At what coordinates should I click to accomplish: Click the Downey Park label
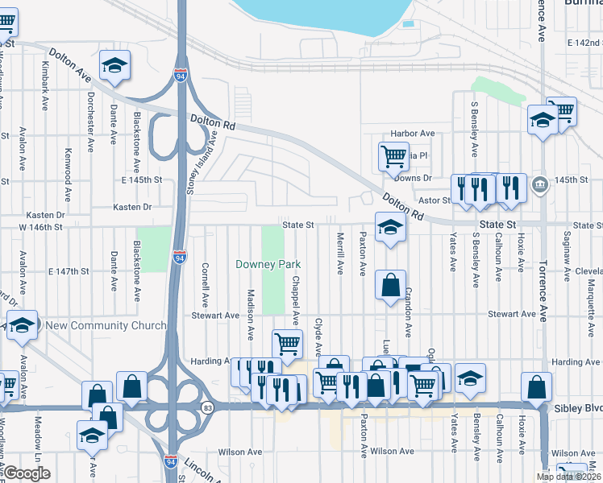click(268, 264)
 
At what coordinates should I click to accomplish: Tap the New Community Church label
click(106, 325)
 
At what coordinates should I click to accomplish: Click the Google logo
click(27, 473)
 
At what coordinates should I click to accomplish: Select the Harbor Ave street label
click(412, 133)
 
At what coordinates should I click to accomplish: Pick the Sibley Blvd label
click(578, 408)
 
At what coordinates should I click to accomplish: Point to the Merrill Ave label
click(340, 254)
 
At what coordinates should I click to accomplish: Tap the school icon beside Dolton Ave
click(114, 66)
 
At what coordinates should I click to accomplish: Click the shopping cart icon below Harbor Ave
click(393, 156)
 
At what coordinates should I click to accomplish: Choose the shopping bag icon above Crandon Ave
click(390, 285)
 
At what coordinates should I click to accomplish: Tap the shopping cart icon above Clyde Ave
click(287, 344)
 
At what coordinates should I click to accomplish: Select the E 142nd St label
click(584, 42)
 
